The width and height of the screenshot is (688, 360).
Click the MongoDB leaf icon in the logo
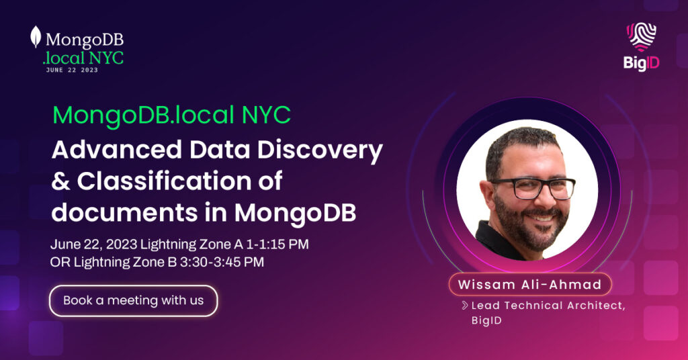pyautogui.click(x=36, y=37)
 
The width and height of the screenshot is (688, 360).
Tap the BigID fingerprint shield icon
pyautogui.click(x=641, y=37)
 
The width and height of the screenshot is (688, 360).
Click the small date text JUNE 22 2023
pyautogui.click(x=72, y=70)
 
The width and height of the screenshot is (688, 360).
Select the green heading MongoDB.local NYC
pyautogui.click(x=171, y=115)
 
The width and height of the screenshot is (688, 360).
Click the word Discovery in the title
pyautogui.click(x=320, y=150)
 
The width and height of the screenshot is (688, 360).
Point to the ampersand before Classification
pyautogui.click(x=60, y=181)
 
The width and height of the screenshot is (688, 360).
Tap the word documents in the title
pyautogui.click(x=124, y=212)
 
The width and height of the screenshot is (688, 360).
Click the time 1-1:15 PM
pyautogui.click(x=277, y=244)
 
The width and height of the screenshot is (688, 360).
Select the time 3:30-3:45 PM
pyautogui.click(x=222, y=262)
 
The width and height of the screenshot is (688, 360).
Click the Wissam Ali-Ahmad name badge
pyautogui.click(x=530, y=285)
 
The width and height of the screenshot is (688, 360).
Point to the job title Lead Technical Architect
pyautogui.click(x=548, y=306)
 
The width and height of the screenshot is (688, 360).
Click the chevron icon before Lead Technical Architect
pyautogui.click(x=465, y=305)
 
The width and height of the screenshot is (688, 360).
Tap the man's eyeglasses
pyautogui.click(x=532, y=188)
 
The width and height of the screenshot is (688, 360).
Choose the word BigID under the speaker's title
pyautogui.click(x=486, y=320)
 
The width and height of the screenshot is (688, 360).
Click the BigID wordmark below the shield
pyautogui.click(x=641, y=63)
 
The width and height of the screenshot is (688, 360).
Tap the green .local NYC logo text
pyautogui.click(x=83, y=58)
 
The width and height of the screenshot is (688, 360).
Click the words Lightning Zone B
pyautogui.click(x=125, y=262)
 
